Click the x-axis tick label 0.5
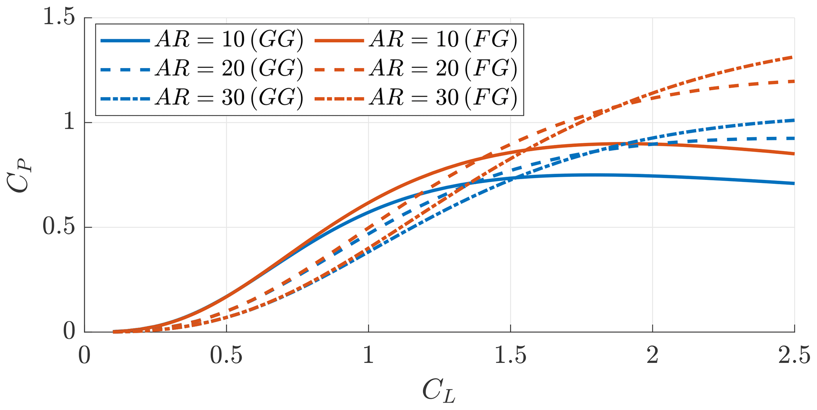tap(226, 355)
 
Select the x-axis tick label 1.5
tap(510, 355)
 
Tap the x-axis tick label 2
tap(652, 355)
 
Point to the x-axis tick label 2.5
tap(794, 355)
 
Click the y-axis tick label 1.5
tap(58, 18)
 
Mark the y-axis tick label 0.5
tap(58, 227)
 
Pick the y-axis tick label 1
tap(69, 123)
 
